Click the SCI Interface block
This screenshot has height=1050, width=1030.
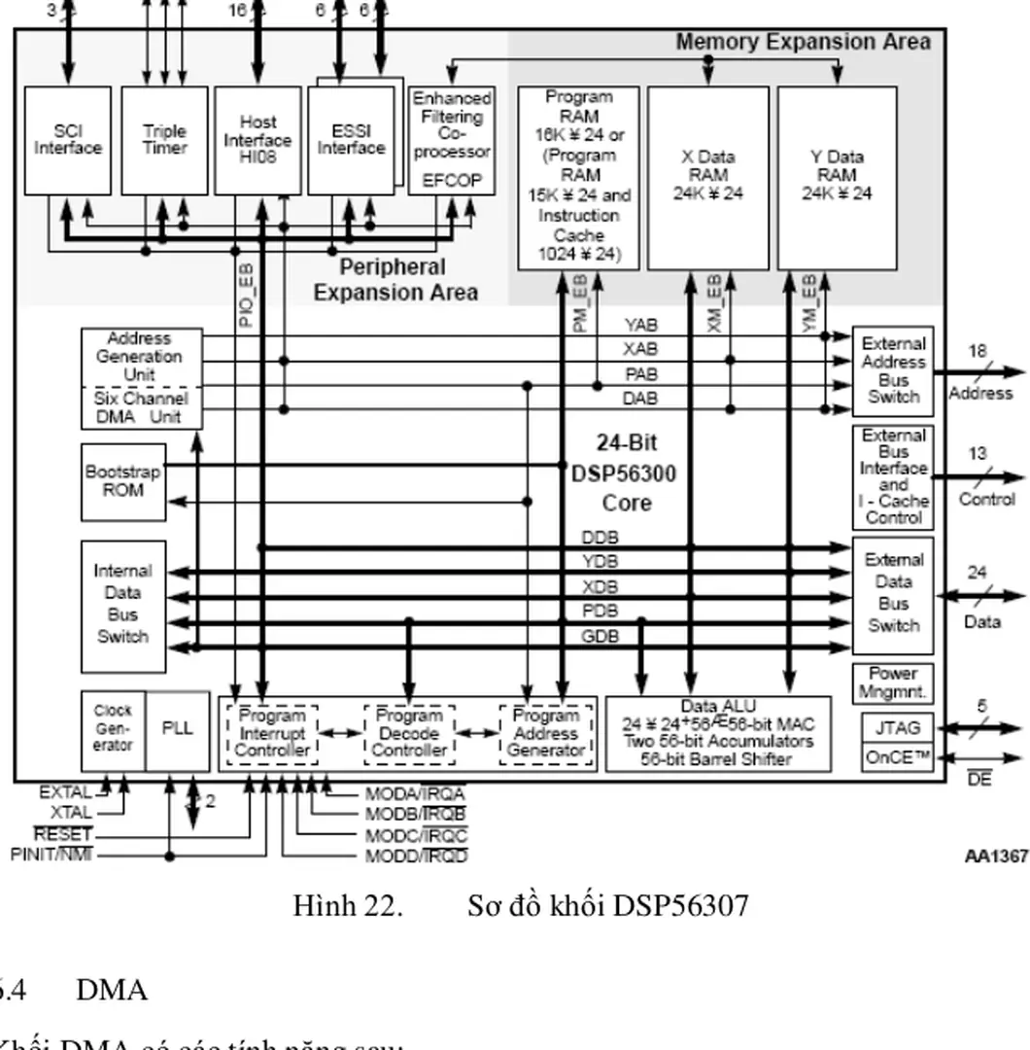[68, 140]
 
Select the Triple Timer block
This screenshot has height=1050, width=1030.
[164, 140]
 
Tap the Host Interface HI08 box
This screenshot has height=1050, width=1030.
[257, 140]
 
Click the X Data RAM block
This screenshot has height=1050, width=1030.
[707, 177]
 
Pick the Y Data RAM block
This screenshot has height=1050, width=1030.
[837, 177]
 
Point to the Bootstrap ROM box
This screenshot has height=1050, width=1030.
[122, 480]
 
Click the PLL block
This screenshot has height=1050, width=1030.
[178, 729]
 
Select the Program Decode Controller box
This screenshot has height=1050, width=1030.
[409, 733]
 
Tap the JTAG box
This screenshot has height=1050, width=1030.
[896, 727]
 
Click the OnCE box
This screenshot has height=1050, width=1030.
[896, 756]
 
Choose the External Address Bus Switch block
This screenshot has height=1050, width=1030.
[893, 370]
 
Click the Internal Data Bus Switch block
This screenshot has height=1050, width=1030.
[122, 605]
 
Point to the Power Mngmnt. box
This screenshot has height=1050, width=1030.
[893, 683]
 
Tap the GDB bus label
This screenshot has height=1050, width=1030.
[600, 637]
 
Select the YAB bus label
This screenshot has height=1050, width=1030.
[640, 325]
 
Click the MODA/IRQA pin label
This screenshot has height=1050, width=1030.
[416, 793]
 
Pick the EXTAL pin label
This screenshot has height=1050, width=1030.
[66, 791]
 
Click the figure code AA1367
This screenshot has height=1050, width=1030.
[996, 856]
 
